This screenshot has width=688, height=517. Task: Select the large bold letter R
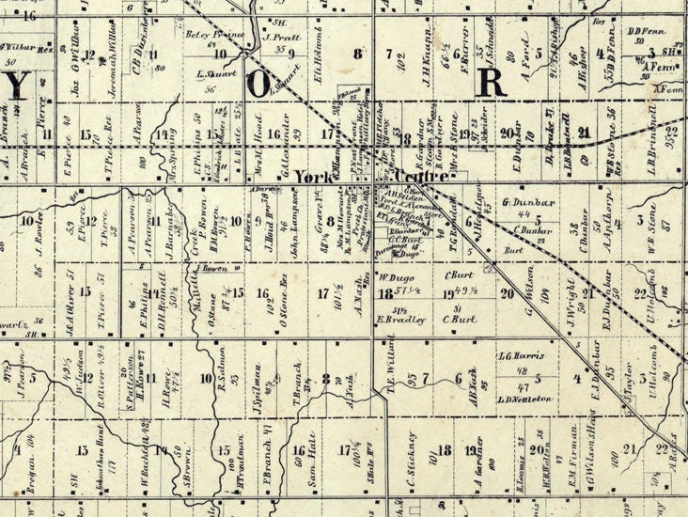492,80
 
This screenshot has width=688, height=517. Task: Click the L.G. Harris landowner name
520,356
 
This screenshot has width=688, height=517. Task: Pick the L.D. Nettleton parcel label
525,399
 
